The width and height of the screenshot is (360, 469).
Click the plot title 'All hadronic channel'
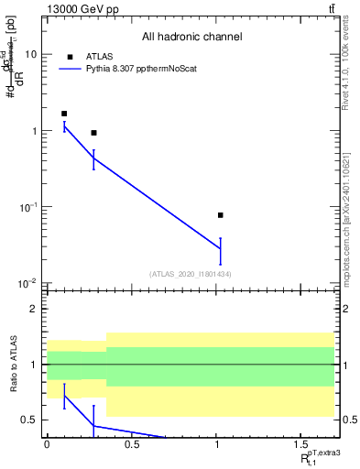(x=191, y=38)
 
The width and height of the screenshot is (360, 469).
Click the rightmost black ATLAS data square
(x=221, y=215)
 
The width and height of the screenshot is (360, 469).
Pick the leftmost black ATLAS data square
(x=64, y=114)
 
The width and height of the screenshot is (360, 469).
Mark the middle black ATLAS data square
(x=93, y=133)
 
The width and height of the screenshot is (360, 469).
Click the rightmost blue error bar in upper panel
(x=221, y=249)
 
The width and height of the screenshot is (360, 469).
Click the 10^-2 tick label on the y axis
(x=27, y=283)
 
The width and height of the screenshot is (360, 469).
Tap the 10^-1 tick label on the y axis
(x=27, y=207)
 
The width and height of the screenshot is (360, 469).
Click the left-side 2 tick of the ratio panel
(x=37, y=309)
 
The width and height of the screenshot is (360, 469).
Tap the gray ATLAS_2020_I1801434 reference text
(x=191, y=274)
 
